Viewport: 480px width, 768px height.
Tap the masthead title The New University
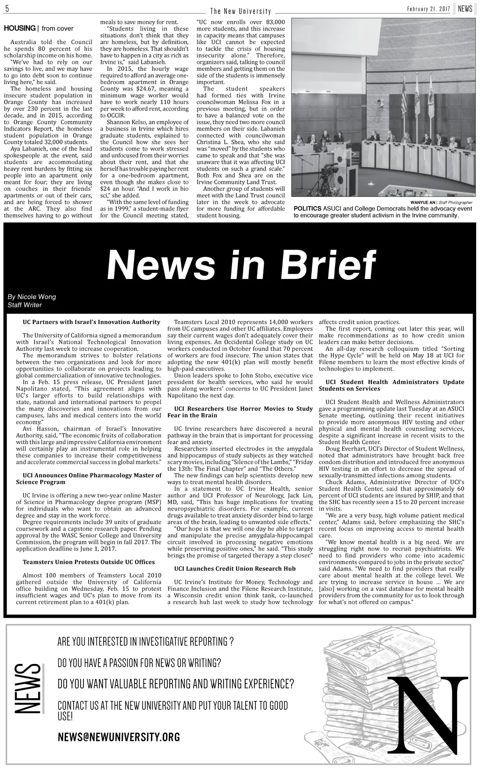[x=240, y=11]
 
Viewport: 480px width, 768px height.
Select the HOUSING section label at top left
[x=20, y=29]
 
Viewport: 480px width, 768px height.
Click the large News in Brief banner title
[x=241, y=265]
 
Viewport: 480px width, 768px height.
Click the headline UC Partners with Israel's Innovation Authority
[x=91, y=322]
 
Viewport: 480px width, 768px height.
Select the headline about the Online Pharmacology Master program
[x=89, y=478]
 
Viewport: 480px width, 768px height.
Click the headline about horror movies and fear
[x=240, y=412]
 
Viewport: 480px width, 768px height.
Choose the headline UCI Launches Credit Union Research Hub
[x=234, y=568]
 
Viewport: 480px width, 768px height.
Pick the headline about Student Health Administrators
[x=391, y=385]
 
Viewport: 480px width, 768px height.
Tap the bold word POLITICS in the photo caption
[x=307, y=209]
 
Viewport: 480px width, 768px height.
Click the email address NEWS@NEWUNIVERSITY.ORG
[x=119, y=738]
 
